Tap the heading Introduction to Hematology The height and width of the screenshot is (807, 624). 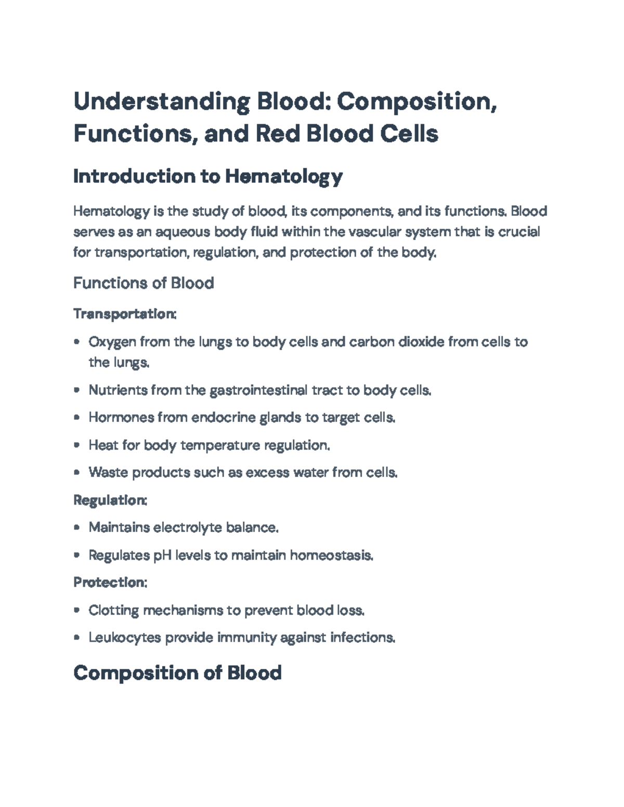[x=208, y=177]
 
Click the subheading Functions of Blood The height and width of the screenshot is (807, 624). [x=144, y=283]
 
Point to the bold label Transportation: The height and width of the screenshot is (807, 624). [x=125, y=314]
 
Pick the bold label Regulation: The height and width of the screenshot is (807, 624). [x=110, y=500]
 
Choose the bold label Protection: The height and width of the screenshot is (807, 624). [x=110, y=583]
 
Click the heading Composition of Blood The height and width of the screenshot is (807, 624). [x=177, y=673]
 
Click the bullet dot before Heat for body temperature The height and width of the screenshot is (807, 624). [x=77, y=445]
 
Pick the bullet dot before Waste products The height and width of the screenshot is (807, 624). [x=77, y=473]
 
